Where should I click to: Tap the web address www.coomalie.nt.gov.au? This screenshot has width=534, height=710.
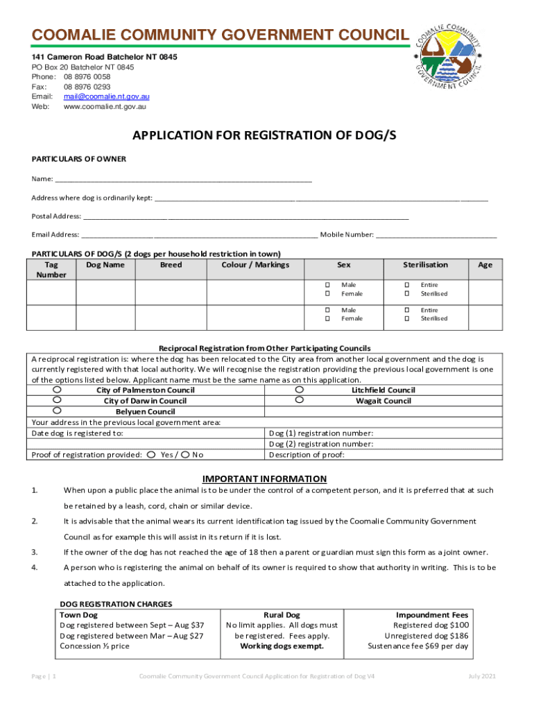coord(105,107)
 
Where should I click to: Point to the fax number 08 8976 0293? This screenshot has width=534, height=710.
coord(87,87)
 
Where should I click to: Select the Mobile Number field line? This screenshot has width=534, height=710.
coord(437,235)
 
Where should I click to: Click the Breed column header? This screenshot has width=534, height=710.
coord(171,265)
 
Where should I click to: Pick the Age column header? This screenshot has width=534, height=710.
coord(485,265)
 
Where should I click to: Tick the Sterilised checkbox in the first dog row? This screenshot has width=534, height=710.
coord(408,294)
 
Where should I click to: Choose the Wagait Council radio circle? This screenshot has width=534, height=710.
coord(299,400)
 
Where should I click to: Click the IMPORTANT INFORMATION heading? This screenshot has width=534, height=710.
coord(264,478)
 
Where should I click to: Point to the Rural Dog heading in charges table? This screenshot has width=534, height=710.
coord(282,615)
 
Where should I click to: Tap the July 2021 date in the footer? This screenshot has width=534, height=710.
coord(482,676)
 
